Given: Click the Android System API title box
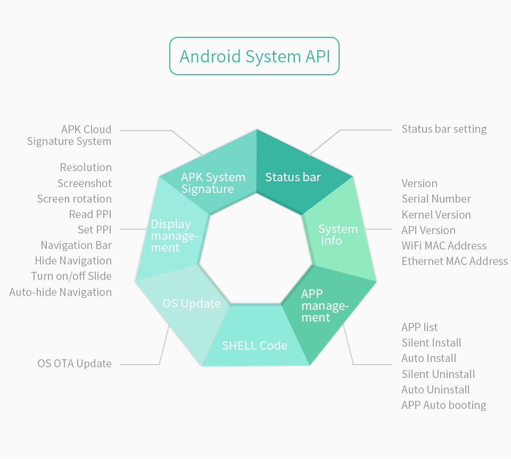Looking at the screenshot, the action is [x=254, y=56].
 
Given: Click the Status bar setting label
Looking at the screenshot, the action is [x=444, y=130].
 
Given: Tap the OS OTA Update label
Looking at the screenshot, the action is [x=75, y=364].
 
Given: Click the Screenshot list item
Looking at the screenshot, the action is [x=85, y=183].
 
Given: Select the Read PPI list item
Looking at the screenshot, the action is [x=90, y=214].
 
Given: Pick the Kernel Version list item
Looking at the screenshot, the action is [x=436, y=214].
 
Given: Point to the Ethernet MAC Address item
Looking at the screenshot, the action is [x=455, y=261].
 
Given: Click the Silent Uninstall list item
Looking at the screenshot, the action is [x=438, y=374].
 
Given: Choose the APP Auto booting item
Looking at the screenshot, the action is [x=444, y=405].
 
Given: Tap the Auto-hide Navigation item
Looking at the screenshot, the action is [x=60, y=292].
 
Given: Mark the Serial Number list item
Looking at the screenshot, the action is [x=436, y=198].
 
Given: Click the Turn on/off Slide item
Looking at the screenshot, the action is [x=71, y=276].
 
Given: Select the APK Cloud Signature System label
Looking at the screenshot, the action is [x=69, y=135].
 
